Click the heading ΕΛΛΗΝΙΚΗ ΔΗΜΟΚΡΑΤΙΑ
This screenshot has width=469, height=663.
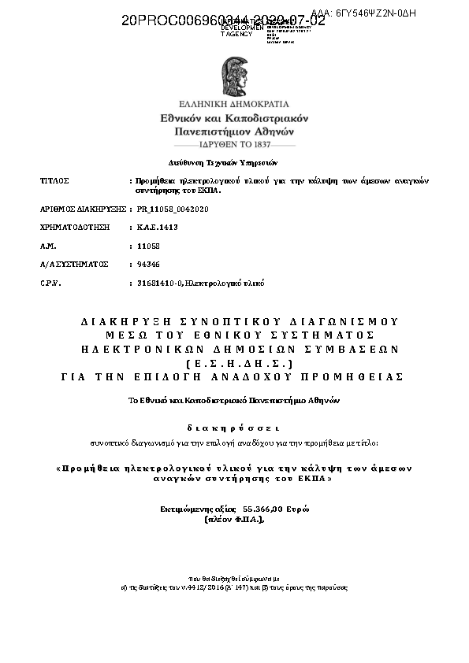(x=234, y=104)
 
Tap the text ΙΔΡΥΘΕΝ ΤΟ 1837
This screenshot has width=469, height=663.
(x=234, y=146)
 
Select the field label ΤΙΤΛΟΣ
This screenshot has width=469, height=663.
(x=54, y=180)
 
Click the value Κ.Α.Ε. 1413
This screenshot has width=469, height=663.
(x=158, y=227)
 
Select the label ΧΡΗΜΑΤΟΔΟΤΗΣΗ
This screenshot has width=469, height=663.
(x=73, y=227)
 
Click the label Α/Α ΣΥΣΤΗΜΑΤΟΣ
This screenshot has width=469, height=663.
(x=73, y=264)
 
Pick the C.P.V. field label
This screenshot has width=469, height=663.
(x=50, y=282)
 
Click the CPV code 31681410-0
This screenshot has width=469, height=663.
(x=160, y=282)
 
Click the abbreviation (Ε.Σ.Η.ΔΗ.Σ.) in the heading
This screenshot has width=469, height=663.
(x=234, y=363)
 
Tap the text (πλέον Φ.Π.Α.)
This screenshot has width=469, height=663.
(x=234, y=520)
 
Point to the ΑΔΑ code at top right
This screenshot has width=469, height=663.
(x=363, y=13)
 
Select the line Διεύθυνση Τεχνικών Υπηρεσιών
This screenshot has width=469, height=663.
(x=234, y=162)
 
